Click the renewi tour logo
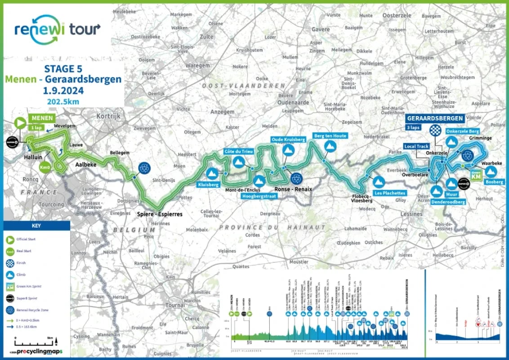[58, 29]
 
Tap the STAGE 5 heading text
[63, 69]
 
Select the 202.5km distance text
[63, 101]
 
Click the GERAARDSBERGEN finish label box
[434, 118]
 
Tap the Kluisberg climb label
[207, 185]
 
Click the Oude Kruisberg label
[288, 140]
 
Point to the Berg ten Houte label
[330, 135]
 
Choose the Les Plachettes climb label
[389, 193]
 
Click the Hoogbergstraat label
[259, 196]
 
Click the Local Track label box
[416, 146]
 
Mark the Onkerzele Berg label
[463, 131]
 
